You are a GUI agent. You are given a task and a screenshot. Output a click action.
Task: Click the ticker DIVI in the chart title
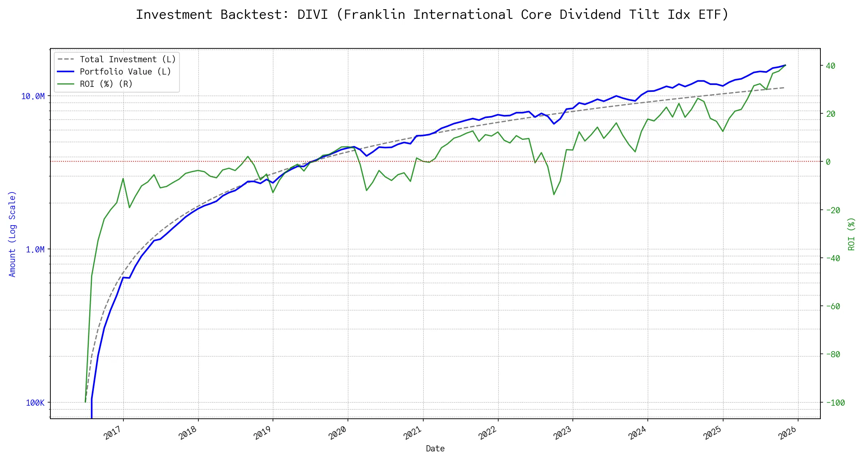click(312, 15)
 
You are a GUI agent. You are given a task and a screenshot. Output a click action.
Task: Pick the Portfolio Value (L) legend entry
click(125, 72)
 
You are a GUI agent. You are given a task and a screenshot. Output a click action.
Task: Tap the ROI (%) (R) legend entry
click(106, 84)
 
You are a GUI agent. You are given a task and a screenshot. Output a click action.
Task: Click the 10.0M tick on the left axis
click(33, 96)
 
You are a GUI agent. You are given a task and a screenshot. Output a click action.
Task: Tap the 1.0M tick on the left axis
click(35, 250)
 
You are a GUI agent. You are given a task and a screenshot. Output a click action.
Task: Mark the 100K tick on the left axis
click(35, 403)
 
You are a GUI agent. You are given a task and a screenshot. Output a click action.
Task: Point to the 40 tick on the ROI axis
click(831, 66)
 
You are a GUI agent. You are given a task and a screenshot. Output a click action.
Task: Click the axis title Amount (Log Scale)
click(12, 234)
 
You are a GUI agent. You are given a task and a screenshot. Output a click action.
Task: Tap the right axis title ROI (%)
click(852, 234)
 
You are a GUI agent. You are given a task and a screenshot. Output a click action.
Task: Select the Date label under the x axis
click(435, 449)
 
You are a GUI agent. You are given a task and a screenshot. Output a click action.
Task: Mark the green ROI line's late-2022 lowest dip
click(554, 194)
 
